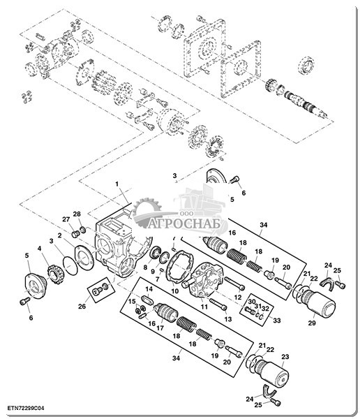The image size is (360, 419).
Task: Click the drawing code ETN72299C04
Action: pyautogui.click(x=26, y=409)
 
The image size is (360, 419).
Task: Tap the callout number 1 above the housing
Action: pyautogui.click(x=117, y=184)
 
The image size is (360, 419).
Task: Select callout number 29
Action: pyautogui.click(x=312, y=323)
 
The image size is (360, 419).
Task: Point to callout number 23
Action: pyautogui.click(x=285, y=357)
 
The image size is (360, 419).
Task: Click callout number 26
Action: pyautogui.click(x=82, y=307)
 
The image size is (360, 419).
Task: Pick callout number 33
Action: pyautogui.click(x=277, y=320)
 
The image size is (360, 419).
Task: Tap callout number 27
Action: pyautogui.click(x=66, y=219)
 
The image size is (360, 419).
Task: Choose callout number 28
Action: pyautogui.click(x=77, y=214)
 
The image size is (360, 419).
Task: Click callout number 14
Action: pyautogui.click(x=149, y=289)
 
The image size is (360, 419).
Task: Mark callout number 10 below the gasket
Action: pyautogui.click(x=174, y=291)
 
